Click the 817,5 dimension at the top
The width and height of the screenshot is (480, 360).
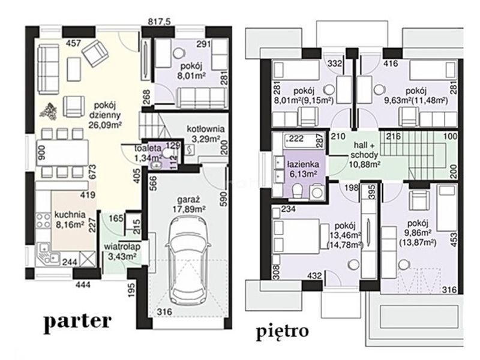pos(159,22)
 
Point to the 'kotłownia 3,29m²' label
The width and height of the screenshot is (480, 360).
pos(205,133)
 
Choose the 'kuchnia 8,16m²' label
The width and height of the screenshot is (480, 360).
pos(70,219)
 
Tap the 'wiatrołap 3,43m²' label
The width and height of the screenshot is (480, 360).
pos(122,251)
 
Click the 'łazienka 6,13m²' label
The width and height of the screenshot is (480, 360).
pos(303,169)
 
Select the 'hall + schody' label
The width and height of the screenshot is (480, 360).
pos(365,149)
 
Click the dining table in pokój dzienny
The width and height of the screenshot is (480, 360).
pos(63,153)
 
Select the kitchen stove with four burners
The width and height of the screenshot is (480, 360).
pos(43,221)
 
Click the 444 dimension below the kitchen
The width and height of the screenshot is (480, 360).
pos(83,284)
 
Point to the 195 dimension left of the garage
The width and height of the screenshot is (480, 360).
pos(131,290)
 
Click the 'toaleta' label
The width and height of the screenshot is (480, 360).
pos(148,148)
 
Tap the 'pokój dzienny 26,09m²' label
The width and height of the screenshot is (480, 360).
pos(105,115)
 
